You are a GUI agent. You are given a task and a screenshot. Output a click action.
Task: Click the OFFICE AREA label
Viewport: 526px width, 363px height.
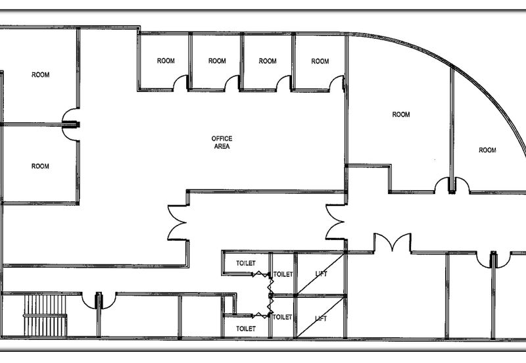[222, 142]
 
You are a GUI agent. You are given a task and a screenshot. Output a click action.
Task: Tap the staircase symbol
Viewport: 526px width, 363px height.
[45, 316]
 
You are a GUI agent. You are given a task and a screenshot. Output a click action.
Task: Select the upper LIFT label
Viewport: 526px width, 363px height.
[321, 274]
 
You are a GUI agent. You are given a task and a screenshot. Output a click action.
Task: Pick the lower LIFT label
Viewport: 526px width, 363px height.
[321, 318]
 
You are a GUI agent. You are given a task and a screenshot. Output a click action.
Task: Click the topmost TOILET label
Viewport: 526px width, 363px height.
[246, 263]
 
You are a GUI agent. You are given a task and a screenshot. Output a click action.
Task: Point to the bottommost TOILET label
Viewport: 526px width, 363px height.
[246, 329]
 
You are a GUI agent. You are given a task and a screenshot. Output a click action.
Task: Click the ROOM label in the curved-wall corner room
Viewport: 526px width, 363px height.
[487, 150]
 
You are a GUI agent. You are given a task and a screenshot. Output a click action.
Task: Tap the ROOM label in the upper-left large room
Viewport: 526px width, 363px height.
[40, 75]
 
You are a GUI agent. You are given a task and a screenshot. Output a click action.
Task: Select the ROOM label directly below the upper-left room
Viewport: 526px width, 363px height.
[40, 166]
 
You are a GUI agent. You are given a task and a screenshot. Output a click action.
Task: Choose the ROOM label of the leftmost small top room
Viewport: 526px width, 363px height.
[166, 60]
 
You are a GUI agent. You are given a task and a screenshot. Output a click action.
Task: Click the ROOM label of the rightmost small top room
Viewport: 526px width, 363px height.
[320, 61]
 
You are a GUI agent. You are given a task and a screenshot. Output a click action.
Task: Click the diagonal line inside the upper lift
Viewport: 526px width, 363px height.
[321, 274]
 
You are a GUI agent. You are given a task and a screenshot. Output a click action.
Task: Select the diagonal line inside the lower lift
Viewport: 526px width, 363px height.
[321, 317]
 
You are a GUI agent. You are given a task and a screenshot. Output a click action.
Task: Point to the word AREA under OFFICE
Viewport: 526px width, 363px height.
[222, 146]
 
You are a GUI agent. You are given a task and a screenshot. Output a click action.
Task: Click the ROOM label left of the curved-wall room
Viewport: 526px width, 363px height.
[401, 114]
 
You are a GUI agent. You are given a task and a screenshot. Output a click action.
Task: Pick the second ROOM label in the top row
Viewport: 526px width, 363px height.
[217, 60]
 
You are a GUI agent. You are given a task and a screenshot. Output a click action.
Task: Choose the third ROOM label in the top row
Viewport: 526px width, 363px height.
[268, 61]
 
